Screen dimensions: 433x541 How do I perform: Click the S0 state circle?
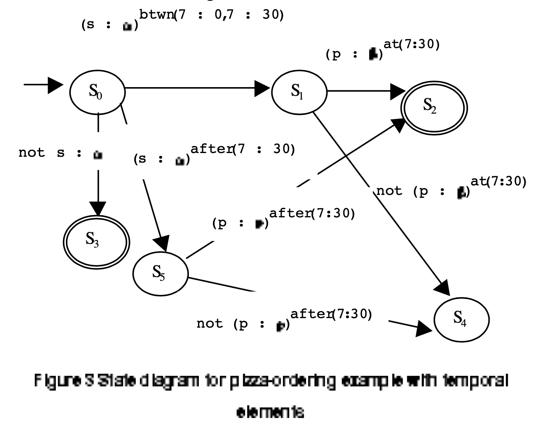coord(97,92)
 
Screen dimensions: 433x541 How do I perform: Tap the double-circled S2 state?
coord(434,107)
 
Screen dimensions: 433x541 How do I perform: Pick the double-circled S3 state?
coord(96,241)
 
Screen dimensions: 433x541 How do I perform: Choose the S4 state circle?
coord(461,319)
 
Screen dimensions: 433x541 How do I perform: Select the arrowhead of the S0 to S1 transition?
coord(263,88)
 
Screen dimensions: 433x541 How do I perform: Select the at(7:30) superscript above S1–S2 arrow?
coord(411,44)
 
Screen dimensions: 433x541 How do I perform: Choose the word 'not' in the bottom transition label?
coord(210,324)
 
